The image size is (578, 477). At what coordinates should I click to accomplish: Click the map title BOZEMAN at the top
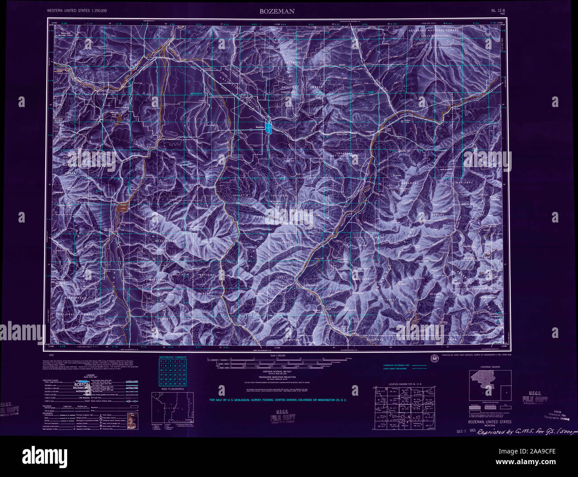pyautogui.click(x=277, y=11)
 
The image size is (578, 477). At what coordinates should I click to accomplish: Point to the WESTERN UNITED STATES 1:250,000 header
pyautogui.click(x=77, y=10)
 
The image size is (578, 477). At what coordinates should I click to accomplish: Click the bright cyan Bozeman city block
pyautogui.click(x=268, y=127)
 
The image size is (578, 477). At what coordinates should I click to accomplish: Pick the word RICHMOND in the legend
pyautogui.click(x=82, y=388)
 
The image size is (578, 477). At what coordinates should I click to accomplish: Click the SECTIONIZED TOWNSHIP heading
pyautogui.click(x=173, y=357)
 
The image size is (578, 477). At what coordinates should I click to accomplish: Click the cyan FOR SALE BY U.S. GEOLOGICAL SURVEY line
pyautogui.click(x=278, y=400)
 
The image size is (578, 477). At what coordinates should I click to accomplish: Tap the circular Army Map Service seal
pyautogui.click(x=433, y=358)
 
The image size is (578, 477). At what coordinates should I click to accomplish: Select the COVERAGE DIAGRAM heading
pyautogui.click(x=490, y=367)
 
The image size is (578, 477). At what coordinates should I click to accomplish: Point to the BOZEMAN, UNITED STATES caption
pyautogui.click(x=490, y=422)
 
